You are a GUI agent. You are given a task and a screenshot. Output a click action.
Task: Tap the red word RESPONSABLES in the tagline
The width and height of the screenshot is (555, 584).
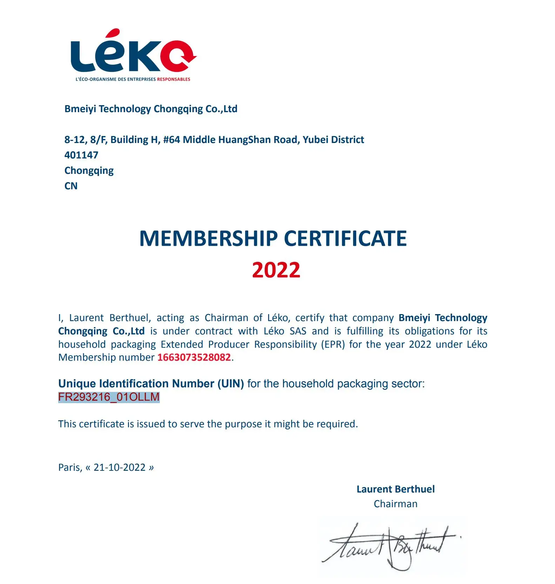click(174, 79)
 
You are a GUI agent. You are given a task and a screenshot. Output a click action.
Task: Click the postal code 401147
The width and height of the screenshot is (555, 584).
click(81, 155)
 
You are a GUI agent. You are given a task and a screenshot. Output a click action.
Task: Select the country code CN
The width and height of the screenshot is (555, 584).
click(71, 186)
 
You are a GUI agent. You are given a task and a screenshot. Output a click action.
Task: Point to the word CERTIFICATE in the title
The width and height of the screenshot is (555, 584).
click(345, 239)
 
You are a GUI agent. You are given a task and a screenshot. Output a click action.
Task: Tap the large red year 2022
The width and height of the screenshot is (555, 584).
click(276, 270)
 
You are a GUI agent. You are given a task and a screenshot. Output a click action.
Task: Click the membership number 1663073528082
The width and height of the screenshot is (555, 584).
click(194, 357)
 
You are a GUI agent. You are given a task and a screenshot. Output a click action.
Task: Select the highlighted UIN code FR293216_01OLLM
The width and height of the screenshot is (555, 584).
click(109, 397)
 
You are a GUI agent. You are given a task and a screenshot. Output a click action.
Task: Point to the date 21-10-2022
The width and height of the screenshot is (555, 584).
click(120, 467)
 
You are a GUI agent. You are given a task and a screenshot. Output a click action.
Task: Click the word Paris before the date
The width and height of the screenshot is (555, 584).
click(70, 467)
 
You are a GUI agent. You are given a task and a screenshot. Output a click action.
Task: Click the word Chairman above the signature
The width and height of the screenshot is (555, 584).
click(395, 504)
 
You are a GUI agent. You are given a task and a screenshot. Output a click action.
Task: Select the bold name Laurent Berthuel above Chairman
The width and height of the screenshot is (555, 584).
click(395, 489)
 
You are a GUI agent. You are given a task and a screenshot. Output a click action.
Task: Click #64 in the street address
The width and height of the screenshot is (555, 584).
click(171, 140)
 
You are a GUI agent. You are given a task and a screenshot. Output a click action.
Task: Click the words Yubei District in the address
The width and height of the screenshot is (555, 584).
click(333, 140)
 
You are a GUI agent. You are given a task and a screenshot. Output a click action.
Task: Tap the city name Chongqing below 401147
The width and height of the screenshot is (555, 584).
click(89, 171)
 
